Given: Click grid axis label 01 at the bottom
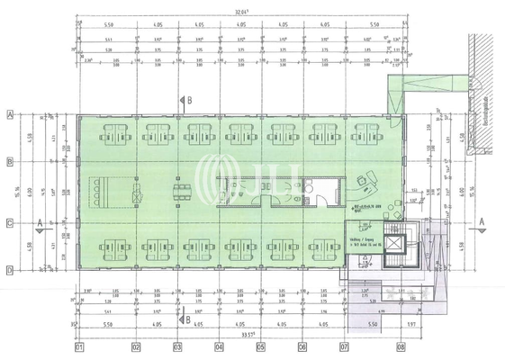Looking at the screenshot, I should [x=79, y=346].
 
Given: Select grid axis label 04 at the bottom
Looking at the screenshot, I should [x=219, y=346].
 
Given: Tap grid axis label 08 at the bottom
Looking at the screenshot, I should [x=400, y=346].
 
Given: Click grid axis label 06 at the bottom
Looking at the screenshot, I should [x=302, y=346].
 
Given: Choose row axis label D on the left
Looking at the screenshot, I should [x=9, y=268].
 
